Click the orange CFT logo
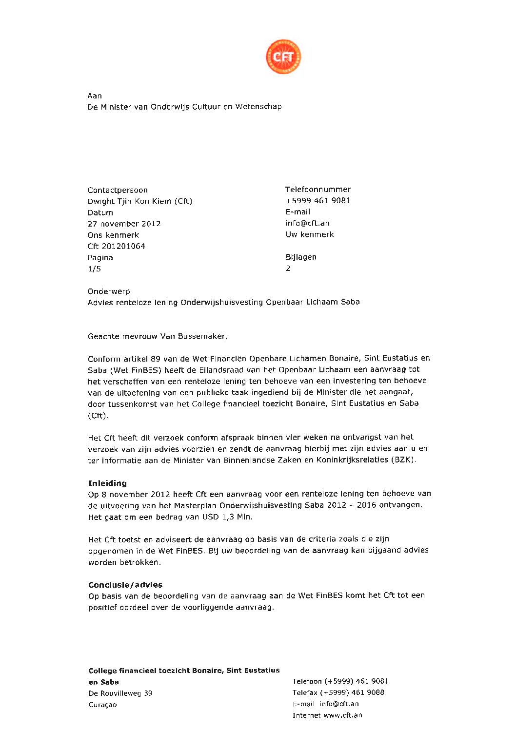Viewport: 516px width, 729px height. point(283,57)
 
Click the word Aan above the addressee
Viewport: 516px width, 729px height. point(95,96)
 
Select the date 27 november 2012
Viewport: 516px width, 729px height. point(124,224)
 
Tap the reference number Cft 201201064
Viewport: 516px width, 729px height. point(116,246)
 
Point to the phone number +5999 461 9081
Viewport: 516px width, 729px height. point(318,201)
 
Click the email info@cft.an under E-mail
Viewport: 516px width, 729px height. point(307,223)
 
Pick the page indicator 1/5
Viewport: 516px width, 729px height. point(94,269)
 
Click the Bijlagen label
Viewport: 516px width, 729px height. point(301,257)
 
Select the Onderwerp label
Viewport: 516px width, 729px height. point(109,291)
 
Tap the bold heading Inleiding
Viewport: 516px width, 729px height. point(107,483)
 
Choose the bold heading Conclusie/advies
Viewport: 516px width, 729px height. point(125,585)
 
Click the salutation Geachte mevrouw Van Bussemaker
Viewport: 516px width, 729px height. point(158,336)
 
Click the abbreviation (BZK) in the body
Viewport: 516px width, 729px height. point(403,460)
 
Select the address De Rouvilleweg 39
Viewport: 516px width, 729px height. point(120,693)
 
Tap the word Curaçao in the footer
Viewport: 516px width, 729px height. point(102,705)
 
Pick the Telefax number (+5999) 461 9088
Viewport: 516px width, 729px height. point(352,692)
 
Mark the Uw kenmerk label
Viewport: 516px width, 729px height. point(310,234)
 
